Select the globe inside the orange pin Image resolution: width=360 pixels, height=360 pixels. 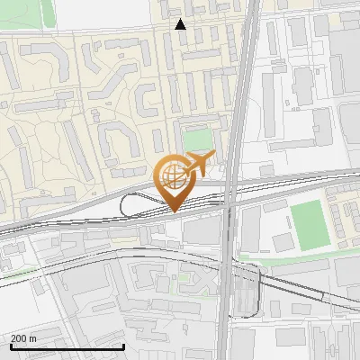coord(172,174)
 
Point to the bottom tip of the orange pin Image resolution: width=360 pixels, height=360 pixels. coord(173,211)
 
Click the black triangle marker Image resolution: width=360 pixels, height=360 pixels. coord(181,24)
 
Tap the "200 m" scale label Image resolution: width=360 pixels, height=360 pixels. coord(23,338)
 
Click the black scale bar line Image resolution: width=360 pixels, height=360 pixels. coord(67,346)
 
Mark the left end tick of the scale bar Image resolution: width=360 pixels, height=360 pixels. coord(12,344)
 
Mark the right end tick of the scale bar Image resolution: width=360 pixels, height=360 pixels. coord(123,344)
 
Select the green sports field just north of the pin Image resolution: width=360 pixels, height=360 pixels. coord(198,139)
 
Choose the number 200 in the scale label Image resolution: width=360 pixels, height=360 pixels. coord(20,338)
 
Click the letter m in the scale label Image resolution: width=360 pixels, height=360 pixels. coord(32,338)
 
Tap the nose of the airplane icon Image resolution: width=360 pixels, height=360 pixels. coord(213,158)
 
